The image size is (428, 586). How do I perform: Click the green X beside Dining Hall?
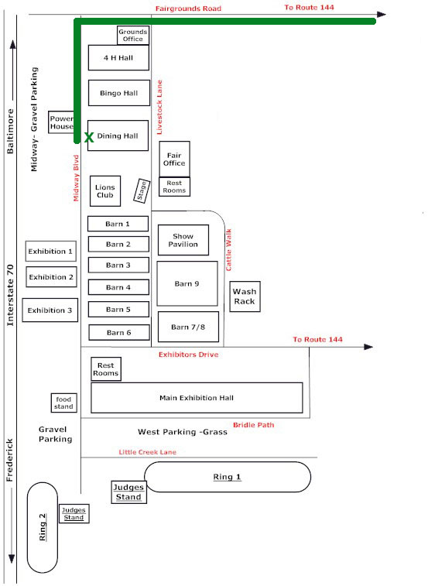click(x=89, y=138)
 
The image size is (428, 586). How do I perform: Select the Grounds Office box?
click(x=133, y=36)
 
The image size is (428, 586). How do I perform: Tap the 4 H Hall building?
click(x=118, y=57)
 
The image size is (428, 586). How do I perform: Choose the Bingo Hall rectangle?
click(x=119, y=93)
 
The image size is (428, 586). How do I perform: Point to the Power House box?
click(x=61, y=122)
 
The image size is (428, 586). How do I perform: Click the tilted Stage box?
click(x=142, y=191)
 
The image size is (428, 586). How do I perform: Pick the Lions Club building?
click(x=105, y=191)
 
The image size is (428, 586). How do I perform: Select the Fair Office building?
click(x=175, y=159)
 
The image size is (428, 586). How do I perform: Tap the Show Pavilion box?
click(x=183, y=240)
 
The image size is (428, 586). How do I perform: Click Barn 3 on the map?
click(x=118, y=265)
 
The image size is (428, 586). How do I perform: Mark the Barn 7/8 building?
click(x=188, y=327)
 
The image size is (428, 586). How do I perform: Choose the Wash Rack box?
click(x=245, y=296)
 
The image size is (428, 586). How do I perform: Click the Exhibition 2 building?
click(x=51, y=277)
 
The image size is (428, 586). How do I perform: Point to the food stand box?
click(x=64, y=403)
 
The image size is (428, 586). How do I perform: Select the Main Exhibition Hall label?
click(x=197, y=398)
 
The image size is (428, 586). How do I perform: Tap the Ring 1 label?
click(x=227, y=477)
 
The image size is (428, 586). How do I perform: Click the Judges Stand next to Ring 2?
click(x=74, y=513)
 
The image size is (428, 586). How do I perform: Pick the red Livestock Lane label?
click(x=159, y=108)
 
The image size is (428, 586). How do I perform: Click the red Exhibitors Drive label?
click(x=188, y=355)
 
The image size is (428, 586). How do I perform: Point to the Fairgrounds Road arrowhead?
click(x=382, y=15)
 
